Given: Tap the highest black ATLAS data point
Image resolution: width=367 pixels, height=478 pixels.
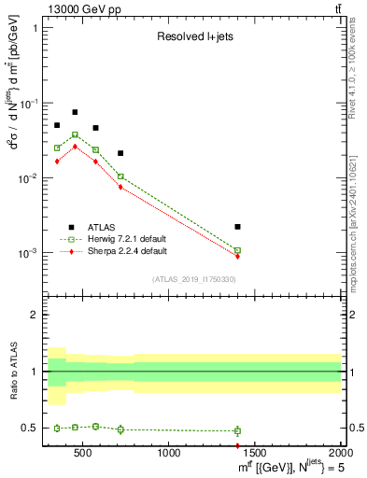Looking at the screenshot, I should pyautogui.click(x=75, y=112).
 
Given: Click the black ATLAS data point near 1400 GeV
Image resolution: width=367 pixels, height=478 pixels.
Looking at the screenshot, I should pyautogui.click(x=237, y=227).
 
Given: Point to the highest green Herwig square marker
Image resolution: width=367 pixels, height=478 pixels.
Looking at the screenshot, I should pyautogui.click(x=75, y=134).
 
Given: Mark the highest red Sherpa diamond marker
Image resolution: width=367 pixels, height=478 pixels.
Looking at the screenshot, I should pyautogui.click(x=75, y=146).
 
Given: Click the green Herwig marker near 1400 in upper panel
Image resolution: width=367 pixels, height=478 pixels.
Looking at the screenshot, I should pyautogui.click(x=237, y=250).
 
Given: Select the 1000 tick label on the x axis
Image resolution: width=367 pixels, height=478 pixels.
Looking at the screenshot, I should pyautogui.click(x=169, y=454).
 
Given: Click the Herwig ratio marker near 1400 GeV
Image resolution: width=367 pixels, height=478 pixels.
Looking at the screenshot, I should pyautogui.click(x=237, y=430).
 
